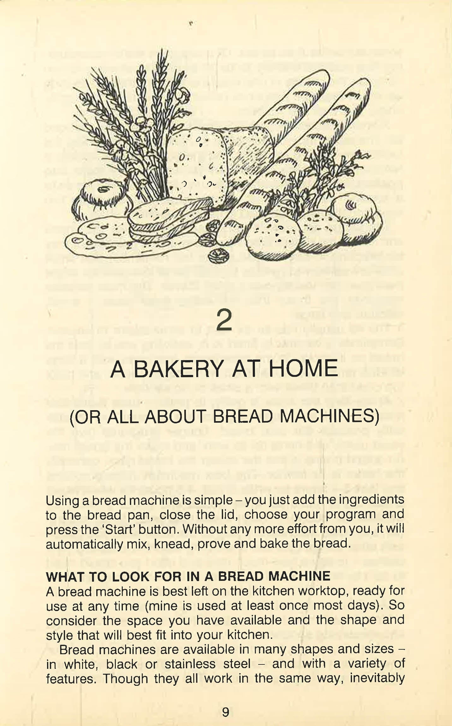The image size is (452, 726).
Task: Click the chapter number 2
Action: click(224, 320)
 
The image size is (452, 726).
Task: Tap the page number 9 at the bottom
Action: click(226, 712)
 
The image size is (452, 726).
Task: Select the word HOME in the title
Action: click(303, 369)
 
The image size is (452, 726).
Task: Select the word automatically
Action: click(84, 544)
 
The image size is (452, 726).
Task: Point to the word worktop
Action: click(319, 591)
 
